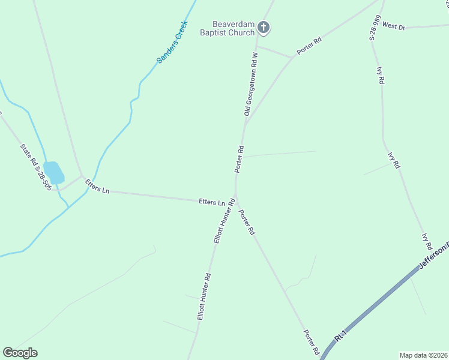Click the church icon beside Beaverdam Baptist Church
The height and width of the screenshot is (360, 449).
(x=264, y=27)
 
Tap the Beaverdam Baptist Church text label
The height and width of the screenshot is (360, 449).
(x=228, y=28)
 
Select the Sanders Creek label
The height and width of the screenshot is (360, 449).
(x=172, y=42)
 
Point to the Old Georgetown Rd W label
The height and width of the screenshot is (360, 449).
(x=251, y=83)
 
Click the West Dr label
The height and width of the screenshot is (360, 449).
(x=394, y=26)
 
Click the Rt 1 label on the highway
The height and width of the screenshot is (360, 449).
(x=341, y=335)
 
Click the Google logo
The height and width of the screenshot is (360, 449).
(x=20, y=353)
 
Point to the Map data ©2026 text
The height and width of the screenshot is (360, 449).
(x=423, y=355)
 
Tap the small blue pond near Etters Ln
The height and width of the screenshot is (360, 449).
(x=54, y=173)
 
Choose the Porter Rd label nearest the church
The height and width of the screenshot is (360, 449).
(x=309, y=47)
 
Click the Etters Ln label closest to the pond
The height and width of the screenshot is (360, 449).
(x=97, y=186)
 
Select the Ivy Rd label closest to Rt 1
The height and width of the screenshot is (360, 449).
(x=427, y=241)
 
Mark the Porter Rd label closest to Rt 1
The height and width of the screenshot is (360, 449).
(x=311, y=342)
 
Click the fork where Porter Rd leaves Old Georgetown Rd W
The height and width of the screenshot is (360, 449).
(x=245, y=123)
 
